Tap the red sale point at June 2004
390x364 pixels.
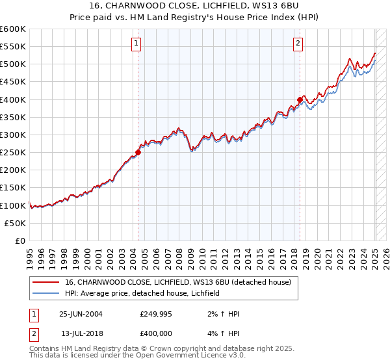[138, 153]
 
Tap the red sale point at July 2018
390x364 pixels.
[300, 99]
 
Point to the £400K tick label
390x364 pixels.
[13, 99]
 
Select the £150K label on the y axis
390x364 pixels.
[13, 187]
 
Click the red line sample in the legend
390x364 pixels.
[46, 282]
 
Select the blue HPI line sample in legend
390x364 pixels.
[46, 293]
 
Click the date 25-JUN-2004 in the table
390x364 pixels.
[81, 314]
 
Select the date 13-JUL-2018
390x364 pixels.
[81, 333]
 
